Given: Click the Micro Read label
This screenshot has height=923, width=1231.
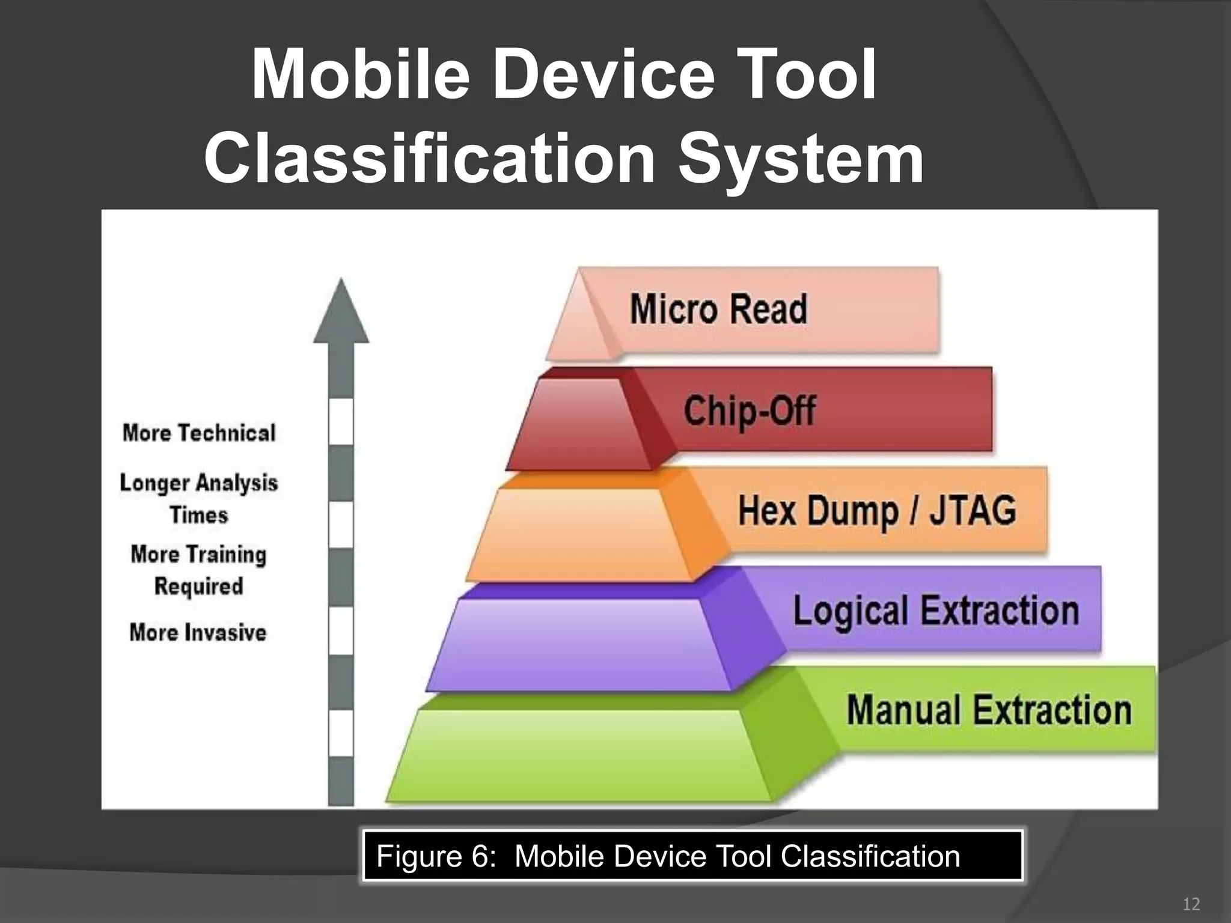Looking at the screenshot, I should (x=718, y=309).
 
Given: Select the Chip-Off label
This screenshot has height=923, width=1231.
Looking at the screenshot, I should (x=750, y=411).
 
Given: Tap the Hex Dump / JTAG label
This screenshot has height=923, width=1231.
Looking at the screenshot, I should (x=877, y=511).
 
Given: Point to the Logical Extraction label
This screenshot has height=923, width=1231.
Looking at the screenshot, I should (x=936, y=611).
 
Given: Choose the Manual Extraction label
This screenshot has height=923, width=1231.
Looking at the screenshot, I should (x=989, y=710).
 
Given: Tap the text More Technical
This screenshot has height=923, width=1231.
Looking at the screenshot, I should (x=199, y=433).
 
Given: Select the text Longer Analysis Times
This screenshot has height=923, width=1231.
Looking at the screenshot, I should (x=199, y=499).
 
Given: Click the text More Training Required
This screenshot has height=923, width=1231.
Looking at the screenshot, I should (x=199, y=570).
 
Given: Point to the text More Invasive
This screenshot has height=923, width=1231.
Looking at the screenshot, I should (x=198, y=633).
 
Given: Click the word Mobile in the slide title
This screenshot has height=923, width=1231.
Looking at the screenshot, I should (x=361, y=75).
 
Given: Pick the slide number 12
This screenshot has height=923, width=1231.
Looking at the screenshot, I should (x=1191, y=904).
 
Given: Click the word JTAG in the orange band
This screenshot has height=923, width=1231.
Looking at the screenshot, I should (x=973, y=511).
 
